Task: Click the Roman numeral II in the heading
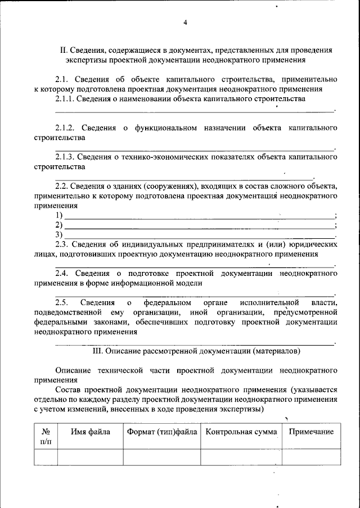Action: coord(64,49)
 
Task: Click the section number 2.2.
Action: coord(61,186)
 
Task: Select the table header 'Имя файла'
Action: coord(90,432)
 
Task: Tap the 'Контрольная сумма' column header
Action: coord(241,432)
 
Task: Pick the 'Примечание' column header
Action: coord(311,432)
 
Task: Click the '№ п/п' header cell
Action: coord(46,437)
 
